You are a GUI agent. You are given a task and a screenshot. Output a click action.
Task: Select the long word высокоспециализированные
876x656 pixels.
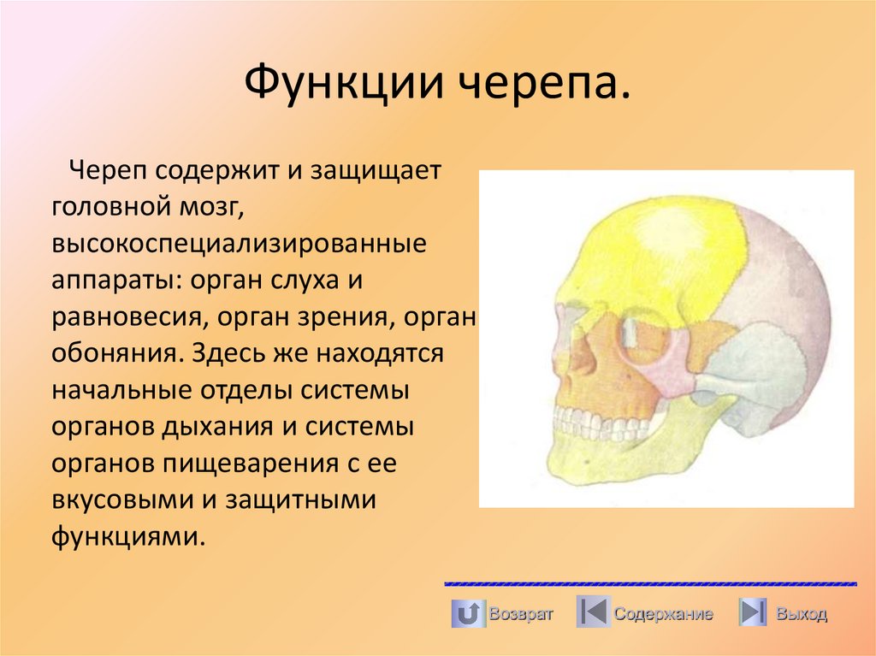click(239, 243)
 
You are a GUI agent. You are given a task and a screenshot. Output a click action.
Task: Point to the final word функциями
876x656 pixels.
click(128, 537)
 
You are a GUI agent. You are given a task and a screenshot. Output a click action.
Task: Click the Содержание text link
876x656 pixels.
click(663, 614)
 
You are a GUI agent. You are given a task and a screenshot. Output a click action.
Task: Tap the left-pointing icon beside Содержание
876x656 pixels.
click(593, 613)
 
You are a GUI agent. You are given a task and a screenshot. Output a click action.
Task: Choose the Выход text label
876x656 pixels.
click(802, 614)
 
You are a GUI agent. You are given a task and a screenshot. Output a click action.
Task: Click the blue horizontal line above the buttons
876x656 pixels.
click(650, 584)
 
